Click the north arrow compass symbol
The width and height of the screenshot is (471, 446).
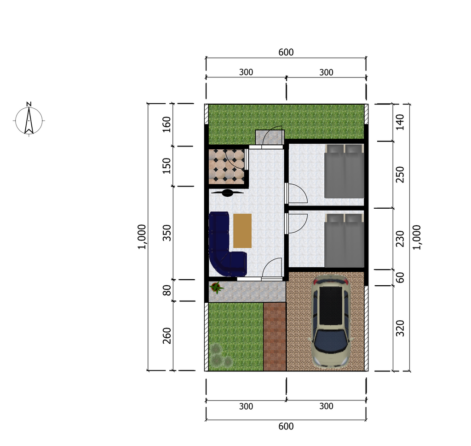pos(29,119)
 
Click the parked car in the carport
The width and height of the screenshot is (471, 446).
pos(330,321)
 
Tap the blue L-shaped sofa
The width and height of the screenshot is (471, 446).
pos(226,244)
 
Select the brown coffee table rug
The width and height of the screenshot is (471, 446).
pos(242,231)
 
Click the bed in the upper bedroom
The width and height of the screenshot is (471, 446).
pos(344,171)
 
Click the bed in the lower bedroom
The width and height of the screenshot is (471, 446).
pos(344,241)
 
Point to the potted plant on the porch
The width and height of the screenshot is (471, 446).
pos(216,287)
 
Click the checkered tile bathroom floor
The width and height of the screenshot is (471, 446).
pos(227,166)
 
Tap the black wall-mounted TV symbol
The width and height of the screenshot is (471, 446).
pos(227,193)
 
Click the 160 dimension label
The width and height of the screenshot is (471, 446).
pos(167,124)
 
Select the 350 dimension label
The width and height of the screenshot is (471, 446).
pos(167,233)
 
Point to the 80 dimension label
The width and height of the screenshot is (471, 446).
pos(167,290)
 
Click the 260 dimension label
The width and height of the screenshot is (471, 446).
pos(167,335)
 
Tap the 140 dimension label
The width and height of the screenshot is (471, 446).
pos(400,122)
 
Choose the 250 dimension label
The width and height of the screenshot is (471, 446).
pos(400,175)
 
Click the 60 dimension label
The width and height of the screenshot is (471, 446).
pos(400,277)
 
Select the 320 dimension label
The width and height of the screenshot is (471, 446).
pos(400,329)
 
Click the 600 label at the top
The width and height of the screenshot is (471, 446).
pos(286,53)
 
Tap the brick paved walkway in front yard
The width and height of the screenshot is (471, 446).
pos(275,336)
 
